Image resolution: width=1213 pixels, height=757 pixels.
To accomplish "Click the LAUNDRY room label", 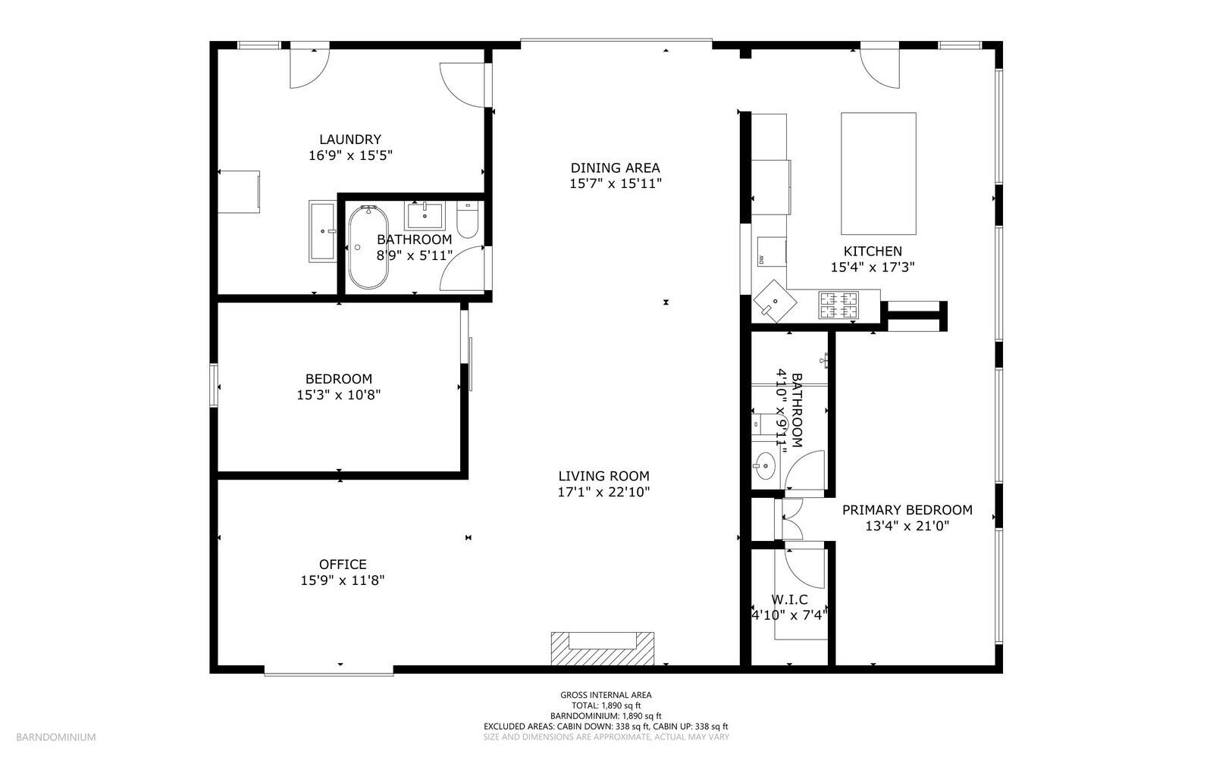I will tap(349, 139).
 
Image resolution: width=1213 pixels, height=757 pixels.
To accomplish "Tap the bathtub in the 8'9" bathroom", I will tap(368, 247).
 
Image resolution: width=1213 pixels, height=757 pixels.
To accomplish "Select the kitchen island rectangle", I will tap(878, 174).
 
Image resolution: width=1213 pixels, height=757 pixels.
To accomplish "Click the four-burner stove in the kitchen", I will tap(838, 305).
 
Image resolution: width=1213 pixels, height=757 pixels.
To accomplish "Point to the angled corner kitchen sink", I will tap(774, 301).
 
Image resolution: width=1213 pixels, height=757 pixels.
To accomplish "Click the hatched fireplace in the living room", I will tap(602, 649).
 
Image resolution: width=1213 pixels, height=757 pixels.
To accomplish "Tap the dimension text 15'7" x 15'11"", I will tap(616, 183).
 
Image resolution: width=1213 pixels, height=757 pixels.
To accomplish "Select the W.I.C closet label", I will tap(789, 599).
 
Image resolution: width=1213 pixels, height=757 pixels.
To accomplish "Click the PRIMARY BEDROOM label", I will tap(907, 510).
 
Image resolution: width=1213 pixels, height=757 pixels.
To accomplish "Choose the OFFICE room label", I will tap(343, 565).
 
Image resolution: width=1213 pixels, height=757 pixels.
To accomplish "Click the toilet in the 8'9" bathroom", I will tap(467, 217).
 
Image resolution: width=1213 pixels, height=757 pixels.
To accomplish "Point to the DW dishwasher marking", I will tap(760, 260).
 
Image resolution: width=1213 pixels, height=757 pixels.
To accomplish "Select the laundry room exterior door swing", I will tap(309, 69).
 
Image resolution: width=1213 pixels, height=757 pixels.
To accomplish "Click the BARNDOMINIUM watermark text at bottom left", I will tap(56, 737).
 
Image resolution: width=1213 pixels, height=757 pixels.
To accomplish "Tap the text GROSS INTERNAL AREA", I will tap(606, 695).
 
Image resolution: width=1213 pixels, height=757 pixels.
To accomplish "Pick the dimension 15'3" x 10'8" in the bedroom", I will tap(338, 395).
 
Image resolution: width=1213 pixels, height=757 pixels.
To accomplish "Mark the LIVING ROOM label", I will tap(603, 476).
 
